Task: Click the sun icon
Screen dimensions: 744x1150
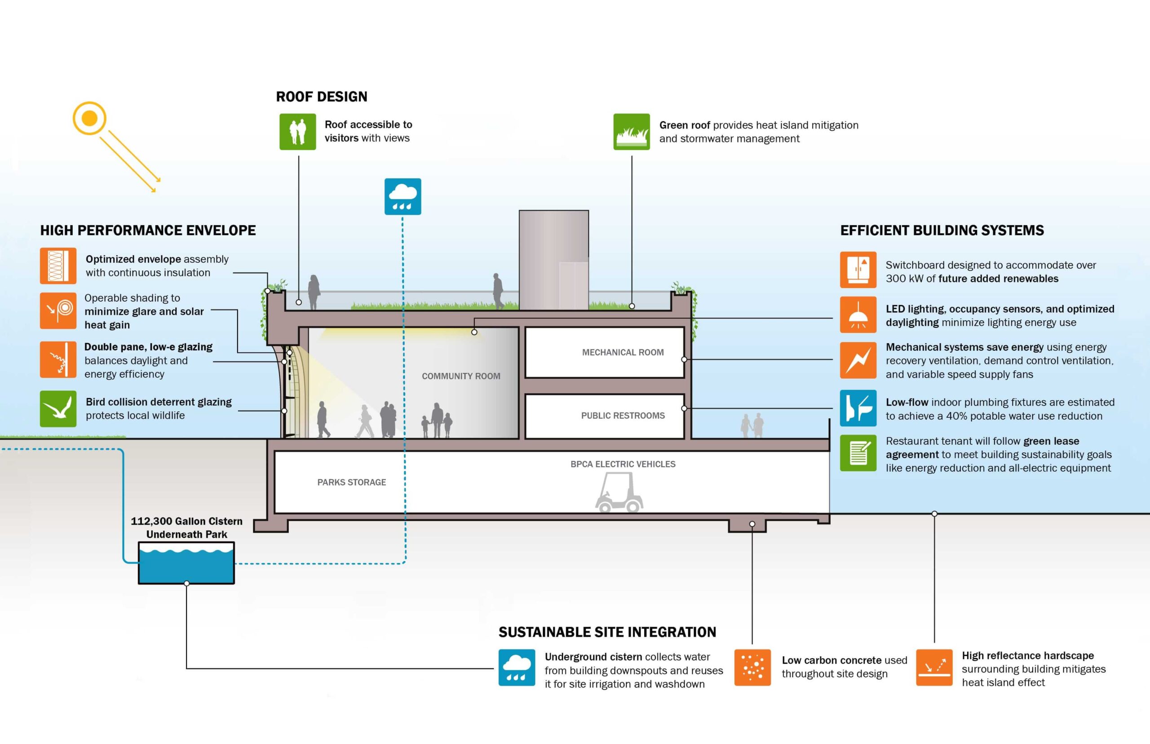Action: click(x=89, y=118)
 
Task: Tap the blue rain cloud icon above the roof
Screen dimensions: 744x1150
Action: click(x=403, y=197)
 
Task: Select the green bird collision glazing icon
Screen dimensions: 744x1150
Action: click(x=58, y=409)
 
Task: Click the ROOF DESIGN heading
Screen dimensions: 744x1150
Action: click(x=322, y=97)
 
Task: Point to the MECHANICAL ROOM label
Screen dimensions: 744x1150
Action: click(x=623, y=352)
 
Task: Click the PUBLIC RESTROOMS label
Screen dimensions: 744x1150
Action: click(x=623, y=416)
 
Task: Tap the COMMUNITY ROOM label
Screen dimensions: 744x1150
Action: click(x=461, y=376)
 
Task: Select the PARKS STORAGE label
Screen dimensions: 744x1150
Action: click(x=352, y=482)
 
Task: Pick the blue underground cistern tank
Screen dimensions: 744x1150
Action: click(x=186, y=563)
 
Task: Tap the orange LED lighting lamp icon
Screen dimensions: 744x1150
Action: click(x=858, y=314)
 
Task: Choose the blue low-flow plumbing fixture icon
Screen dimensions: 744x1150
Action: click(x=858, y=408)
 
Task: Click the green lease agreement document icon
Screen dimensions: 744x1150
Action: click(x=858, y=453)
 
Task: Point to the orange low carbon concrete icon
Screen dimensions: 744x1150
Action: click(x=752, y=667)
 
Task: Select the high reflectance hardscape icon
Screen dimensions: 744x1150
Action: click(x=934, y=667)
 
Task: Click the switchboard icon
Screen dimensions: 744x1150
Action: click(x=858, y=270)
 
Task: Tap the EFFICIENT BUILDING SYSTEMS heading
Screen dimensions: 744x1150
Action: click(x=942, y=230)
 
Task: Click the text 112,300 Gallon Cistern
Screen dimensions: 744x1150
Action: click(x=186, y=521)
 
